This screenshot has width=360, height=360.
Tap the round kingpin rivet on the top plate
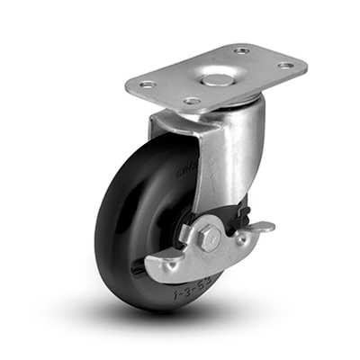(x=214, y=80)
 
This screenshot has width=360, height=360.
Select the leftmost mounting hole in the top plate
(x=148, y=84)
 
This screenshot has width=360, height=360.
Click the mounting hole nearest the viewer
(x=192, y=101)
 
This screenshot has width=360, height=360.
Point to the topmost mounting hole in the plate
(x=240, y=50)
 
